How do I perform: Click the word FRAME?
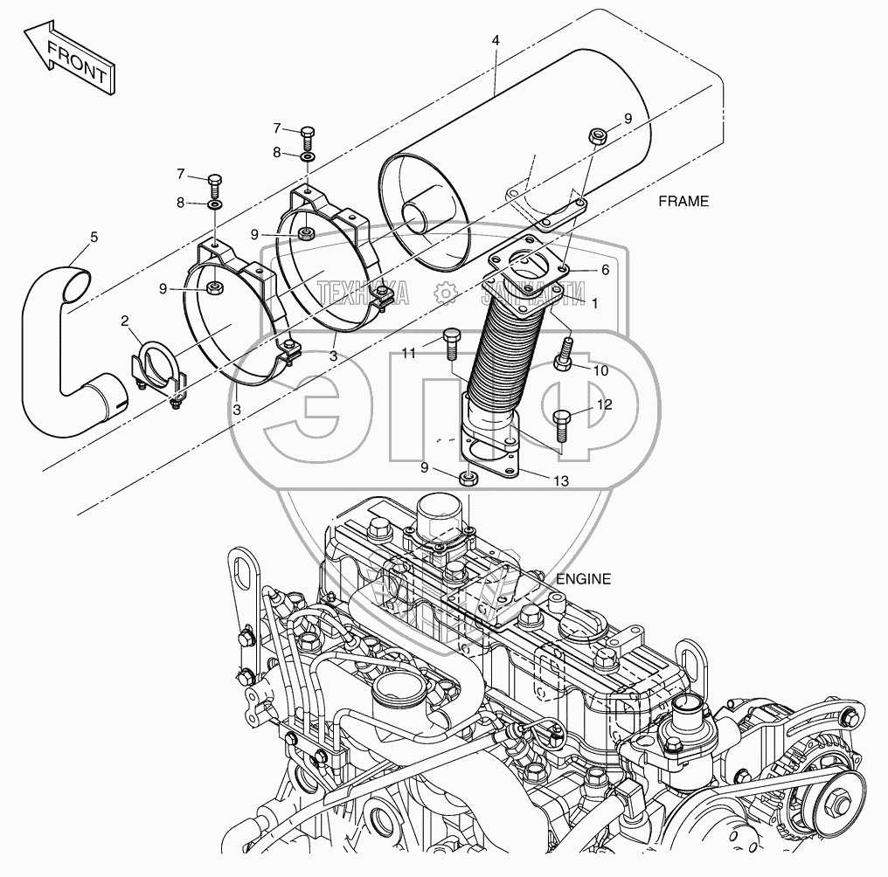point(683,201)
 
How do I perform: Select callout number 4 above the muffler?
point(496,41)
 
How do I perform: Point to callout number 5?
point(94,236)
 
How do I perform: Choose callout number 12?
point(605,404)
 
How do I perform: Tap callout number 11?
point(409,352)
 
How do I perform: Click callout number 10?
point(600,369)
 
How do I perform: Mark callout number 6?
point(604,270)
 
